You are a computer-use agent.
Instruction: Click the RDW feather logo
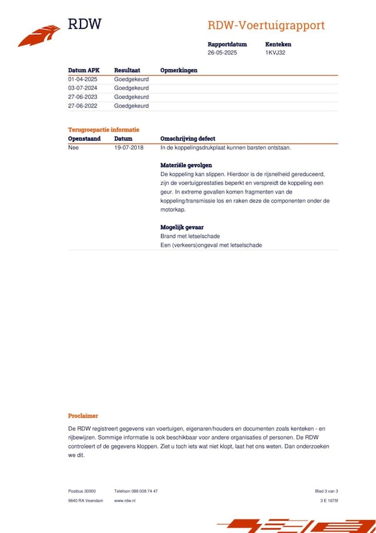(x=39, y=35)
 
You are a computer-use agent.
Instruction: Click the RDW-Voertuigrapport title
(x=266, y=26)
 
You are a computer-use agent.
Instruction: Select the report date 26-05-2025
(x=222, y=53)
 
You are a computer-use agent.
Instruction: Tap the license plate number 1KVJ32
(x=275, y=53)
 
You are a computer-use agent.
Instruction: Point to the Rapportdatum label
(x=227, y=44)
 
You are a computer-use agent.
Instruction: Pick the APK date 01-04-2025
(x=83, y=79)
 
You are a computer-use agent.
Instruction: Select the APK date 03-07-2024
(x=83, y=88)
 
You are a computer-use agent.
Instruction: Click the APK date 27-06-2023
(x=83, y=97)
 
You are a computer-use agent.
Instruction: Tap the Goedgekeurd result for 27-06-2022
(x=132, y=106)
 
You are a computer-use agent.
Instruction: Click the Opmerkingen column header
(x=179, y=70)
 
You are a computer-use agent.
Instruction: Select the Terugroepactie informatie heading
(x=103, y=129)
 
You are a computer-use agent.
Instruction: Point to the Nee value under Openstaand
(x=73, y=148)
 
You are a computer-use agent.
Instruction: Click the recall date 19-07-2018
(x=129, y=148)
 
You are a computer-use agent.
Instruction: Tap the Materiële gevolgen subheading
(x=186, y=165)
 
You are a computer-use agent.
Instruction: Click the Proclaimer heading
(x=83, y=416)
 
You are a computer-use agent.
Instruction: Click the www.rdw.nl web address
(x=125, y=501)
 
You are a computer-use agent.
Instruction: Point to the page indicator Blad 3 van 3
(x=326, y=491)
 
